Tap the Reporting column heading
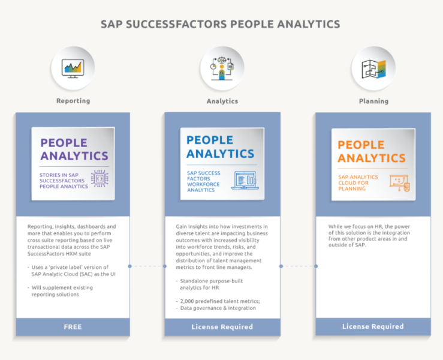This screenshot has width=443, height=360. coord(73,101)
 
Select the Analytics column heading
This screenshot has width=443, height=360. coord(222,101)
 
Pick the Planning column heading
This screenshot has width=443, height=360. coord(373,101)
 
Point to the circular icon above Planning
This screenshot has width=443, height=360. coord(373,68)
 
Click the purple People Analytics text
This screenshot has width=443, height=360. coord(74,149)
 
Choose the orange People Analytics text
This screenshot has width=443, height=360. coord(371,151)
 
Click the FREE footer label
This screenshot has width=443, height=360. coord(73,327)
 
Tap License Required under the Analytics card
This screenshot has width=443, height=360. coord(222,327)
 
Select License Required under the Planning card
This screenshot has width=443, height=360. coord(373,327)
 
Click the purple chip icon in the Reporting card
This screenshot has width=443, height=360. coord(99,179)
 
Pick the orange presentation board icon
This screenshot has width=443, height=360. coord(399,182)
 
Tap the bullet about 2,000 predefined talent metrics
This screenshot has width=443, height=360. coord(216,301)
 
